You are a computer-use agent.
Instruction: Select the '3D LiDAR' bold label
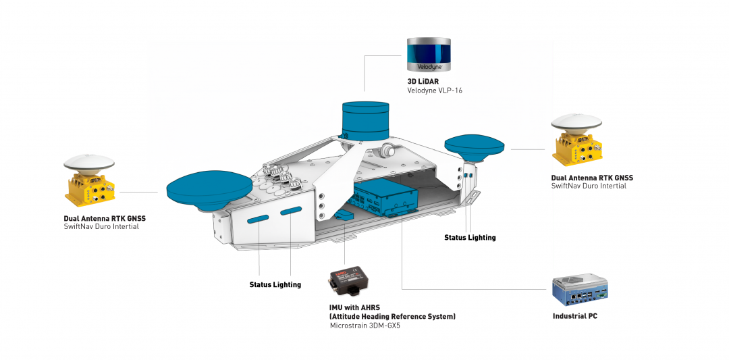423,82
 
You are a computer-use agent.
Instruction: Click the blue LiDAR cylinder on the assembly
364,120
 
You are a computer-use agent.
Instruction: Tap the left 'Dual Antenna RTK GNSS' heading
105,218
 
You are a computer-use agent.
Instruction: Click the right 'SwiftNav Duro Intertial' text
589,186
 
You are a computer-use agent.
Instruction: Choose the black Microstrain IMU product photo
351,284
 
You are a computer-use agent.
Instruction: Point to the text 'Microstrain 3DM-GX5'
365,326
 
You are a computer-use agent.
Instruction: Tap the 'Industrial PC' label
575,316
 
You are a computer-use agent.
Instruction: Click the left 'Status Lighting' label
275,284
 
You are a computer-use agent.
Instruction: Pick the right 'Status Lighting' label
470,237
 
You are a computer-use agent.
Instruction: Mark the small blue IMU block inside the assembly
344,215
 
